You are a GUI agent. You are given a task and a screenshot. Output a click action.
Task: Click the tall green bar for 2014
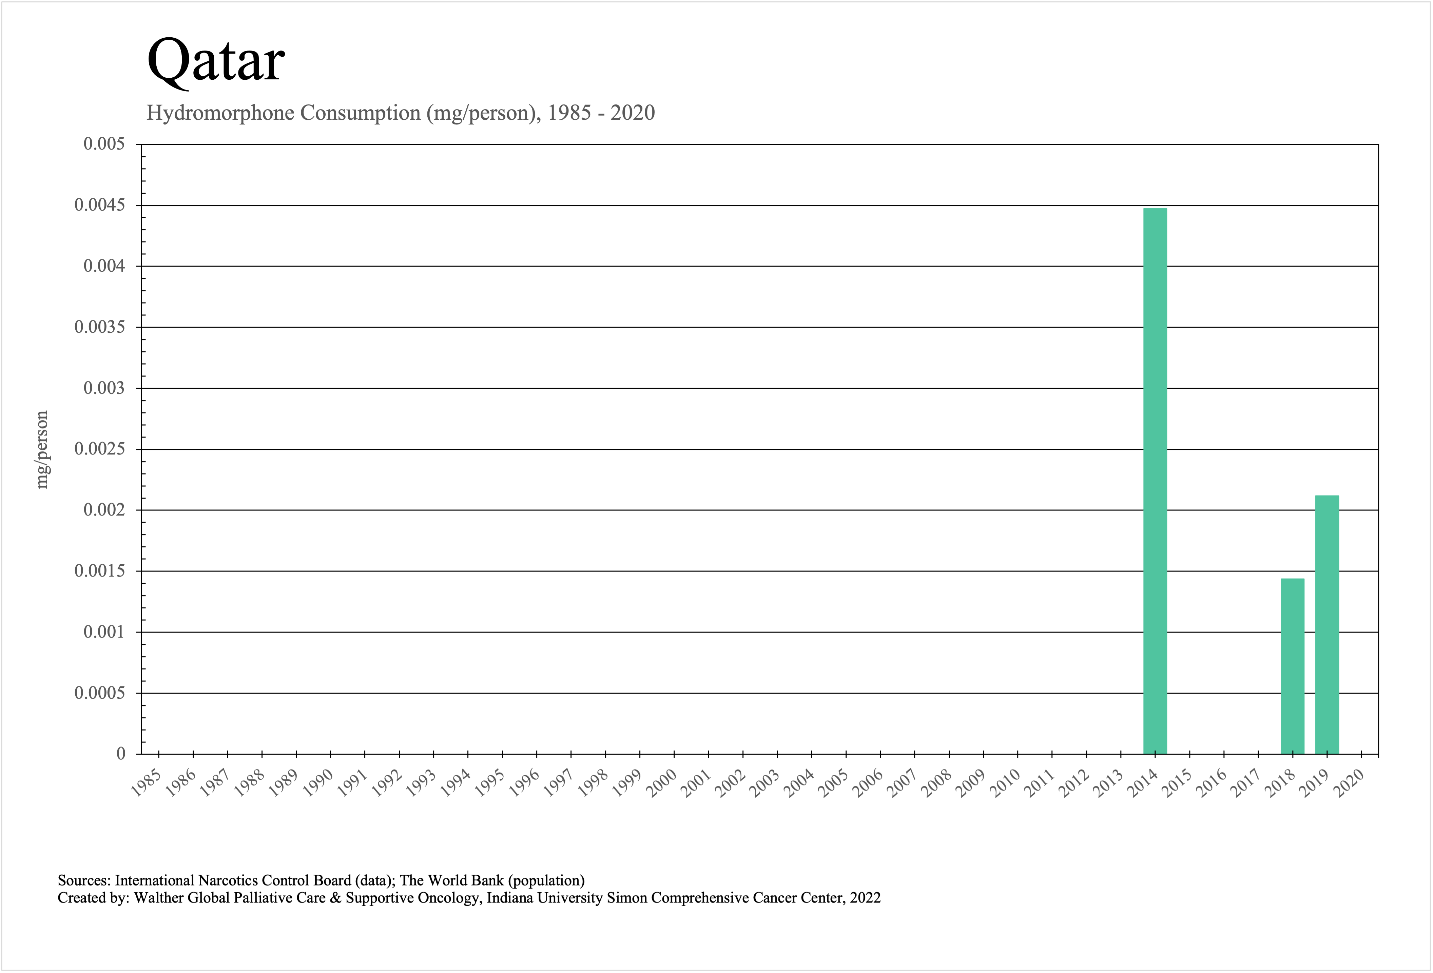coord(1155,481)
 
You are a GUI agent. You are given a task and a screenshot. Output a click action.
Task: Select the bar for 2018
coord(1292,666)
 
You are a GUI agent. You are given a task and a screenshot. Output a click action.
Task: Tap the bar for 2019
coord(1327,624)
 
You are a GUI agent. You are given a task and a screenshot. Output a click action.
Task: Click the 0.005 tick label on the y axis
coord(103,144)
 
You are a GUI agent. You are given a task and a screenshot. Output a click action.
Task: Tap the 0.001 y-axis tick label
coord(103,632)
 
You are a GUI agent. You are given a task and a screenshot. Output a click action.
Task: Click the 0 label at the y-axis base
coord(121,754)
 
